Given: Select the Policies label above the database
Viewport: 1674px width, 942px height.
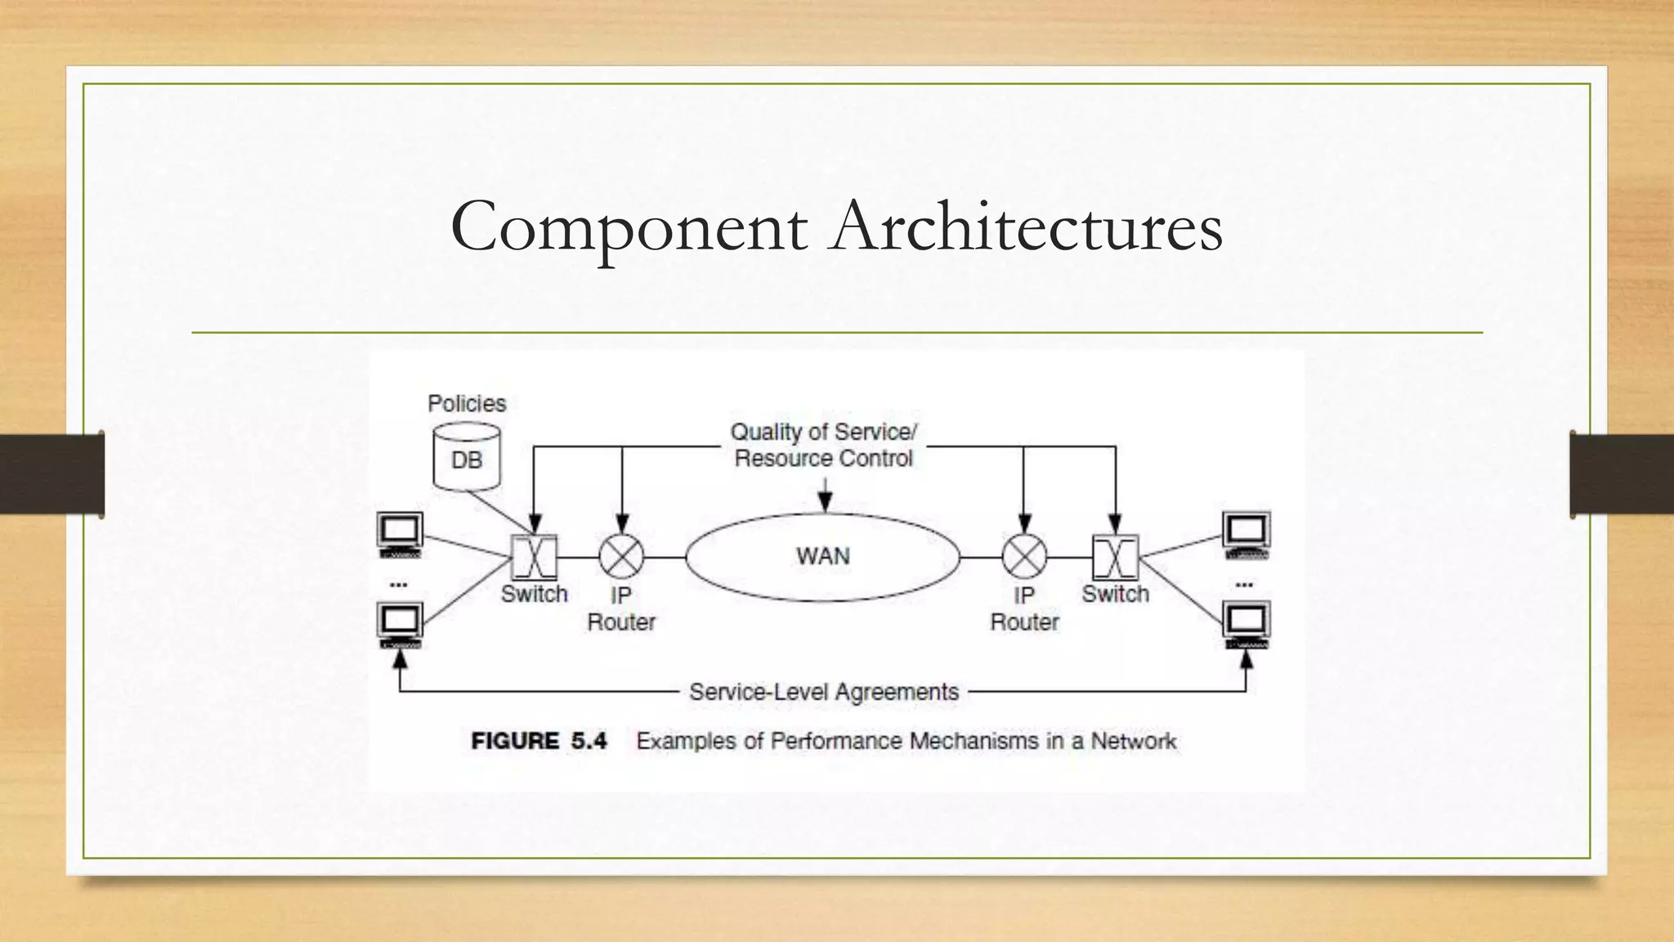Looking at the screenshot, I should click(x=467, y=403).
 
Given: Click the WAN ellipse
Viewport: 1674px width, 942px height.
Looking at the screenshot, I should click(x=822, y=557).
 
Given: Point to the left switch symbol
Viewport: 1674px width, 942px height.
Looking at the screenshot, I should click(x=534, y=557).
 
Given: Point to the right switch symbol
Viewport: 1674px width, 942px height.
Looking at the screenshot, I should click(x=1115, y=557).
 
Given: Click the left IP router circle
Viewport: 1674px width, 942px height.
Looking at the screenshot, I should click(x=621, y=557).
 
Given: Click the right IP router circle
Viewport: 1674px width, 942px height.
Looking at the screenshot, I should click(x=1024, y=557).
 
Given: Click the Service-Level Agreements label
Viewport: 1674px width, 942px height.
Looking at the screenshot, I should click(x=823, y=692).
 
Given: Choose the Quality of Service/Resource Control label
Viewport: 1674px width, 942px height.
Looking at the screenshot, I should click(x=823, y=445).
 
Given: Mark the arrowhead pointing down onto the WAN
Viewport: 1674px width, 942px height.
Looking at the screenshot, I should click(x=825, y=504).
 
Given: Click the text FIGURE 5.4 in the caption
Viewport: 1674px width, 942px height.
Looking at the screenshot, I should click(x=539, y=741).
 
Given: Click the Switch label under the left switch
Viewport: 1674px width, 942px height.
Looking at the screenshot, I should click(x=534, y=594).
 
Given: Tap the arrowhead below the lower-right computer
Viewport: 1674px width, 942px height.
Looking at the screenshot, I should click(x=1247, y=658).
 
